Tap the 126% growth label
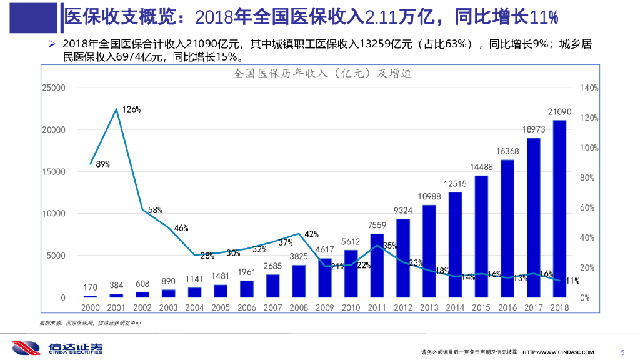(131, 109)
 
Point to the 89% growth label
(103, 164)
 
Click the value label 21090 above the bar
(559, 111)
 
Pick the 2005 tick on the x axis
(221, 307)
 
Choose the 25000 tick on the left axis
(54, 88)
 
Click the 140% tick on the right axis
(589, 88)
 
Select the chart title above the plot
(322, 74)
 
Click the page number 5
(621, 351)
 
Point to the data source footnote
(90, 322)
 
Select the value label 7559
(377, 225)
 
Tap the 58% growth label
(155, 211)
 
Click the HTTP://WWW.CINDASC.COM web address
(558, 352)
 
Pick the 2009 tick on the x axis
(325, 307)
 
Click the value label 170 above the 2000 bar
(91, 288)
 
